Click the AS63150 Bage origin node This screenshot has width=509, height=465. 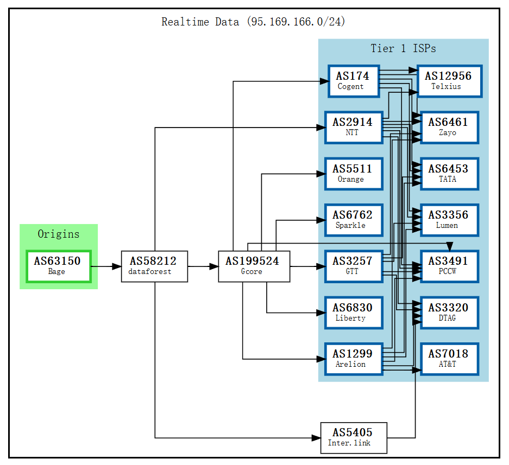(x=58, y=266)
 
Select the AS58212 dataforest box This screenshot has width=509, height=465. (x=155, y=266)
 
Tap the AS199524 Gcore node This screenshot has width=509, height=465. (x=254, y=266)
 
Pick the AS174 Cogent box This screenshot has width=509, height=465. (x=353, y=81)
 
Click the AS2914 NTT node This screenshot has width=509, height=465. (x=353, y=128)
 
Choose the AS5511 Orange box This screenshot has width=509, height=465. (x=353, y=174)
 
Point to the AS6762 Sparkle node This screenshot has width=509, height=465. (x=353, y=220)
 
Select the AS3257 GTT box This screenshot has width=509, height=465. (x=353, y=266)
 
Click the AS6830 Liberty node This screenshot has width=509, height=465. (x=353, y=313)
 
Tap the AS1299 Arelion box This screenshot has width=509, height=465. (x=353, y=359)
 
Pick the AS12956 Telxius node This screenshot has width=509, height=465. (x=449, y=81)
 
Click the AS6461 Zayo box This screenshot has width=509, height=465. (x=449, y=128)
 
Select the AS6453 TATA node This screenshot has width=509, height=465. (x=449, y=174)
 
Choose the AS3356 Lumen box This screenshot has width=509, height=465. (x=449, y=220)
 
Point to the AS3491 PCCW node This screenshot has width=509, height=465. (x=449, y=266)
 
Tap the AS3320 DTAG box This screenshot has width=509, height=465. (x=449, y=313)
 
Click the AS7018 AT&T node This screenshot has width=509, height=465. (x=449, y=359)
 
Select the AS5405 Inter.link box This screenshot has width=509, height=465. (x=353, y=438)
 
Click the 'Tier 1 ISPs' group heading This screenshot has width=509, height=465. (x=403, y=48)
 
